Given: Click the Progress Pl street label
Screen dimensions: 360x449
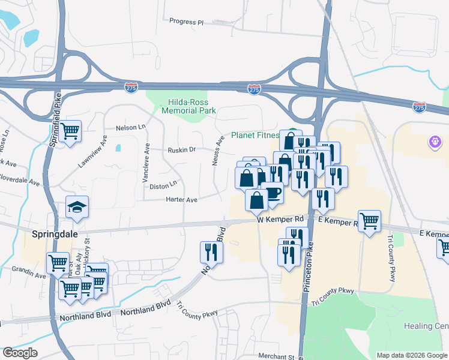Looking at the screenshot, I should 186,22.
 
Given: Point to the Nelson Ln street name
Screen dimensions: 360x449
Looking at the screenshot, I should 131,127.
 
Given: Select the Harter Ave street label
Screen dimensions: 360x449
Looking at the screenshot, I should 182,199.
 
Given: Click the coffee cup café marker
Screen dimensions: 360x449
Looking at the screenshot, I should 272,193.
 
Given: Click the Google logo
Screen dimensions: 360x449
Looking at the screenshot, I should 20,353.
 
